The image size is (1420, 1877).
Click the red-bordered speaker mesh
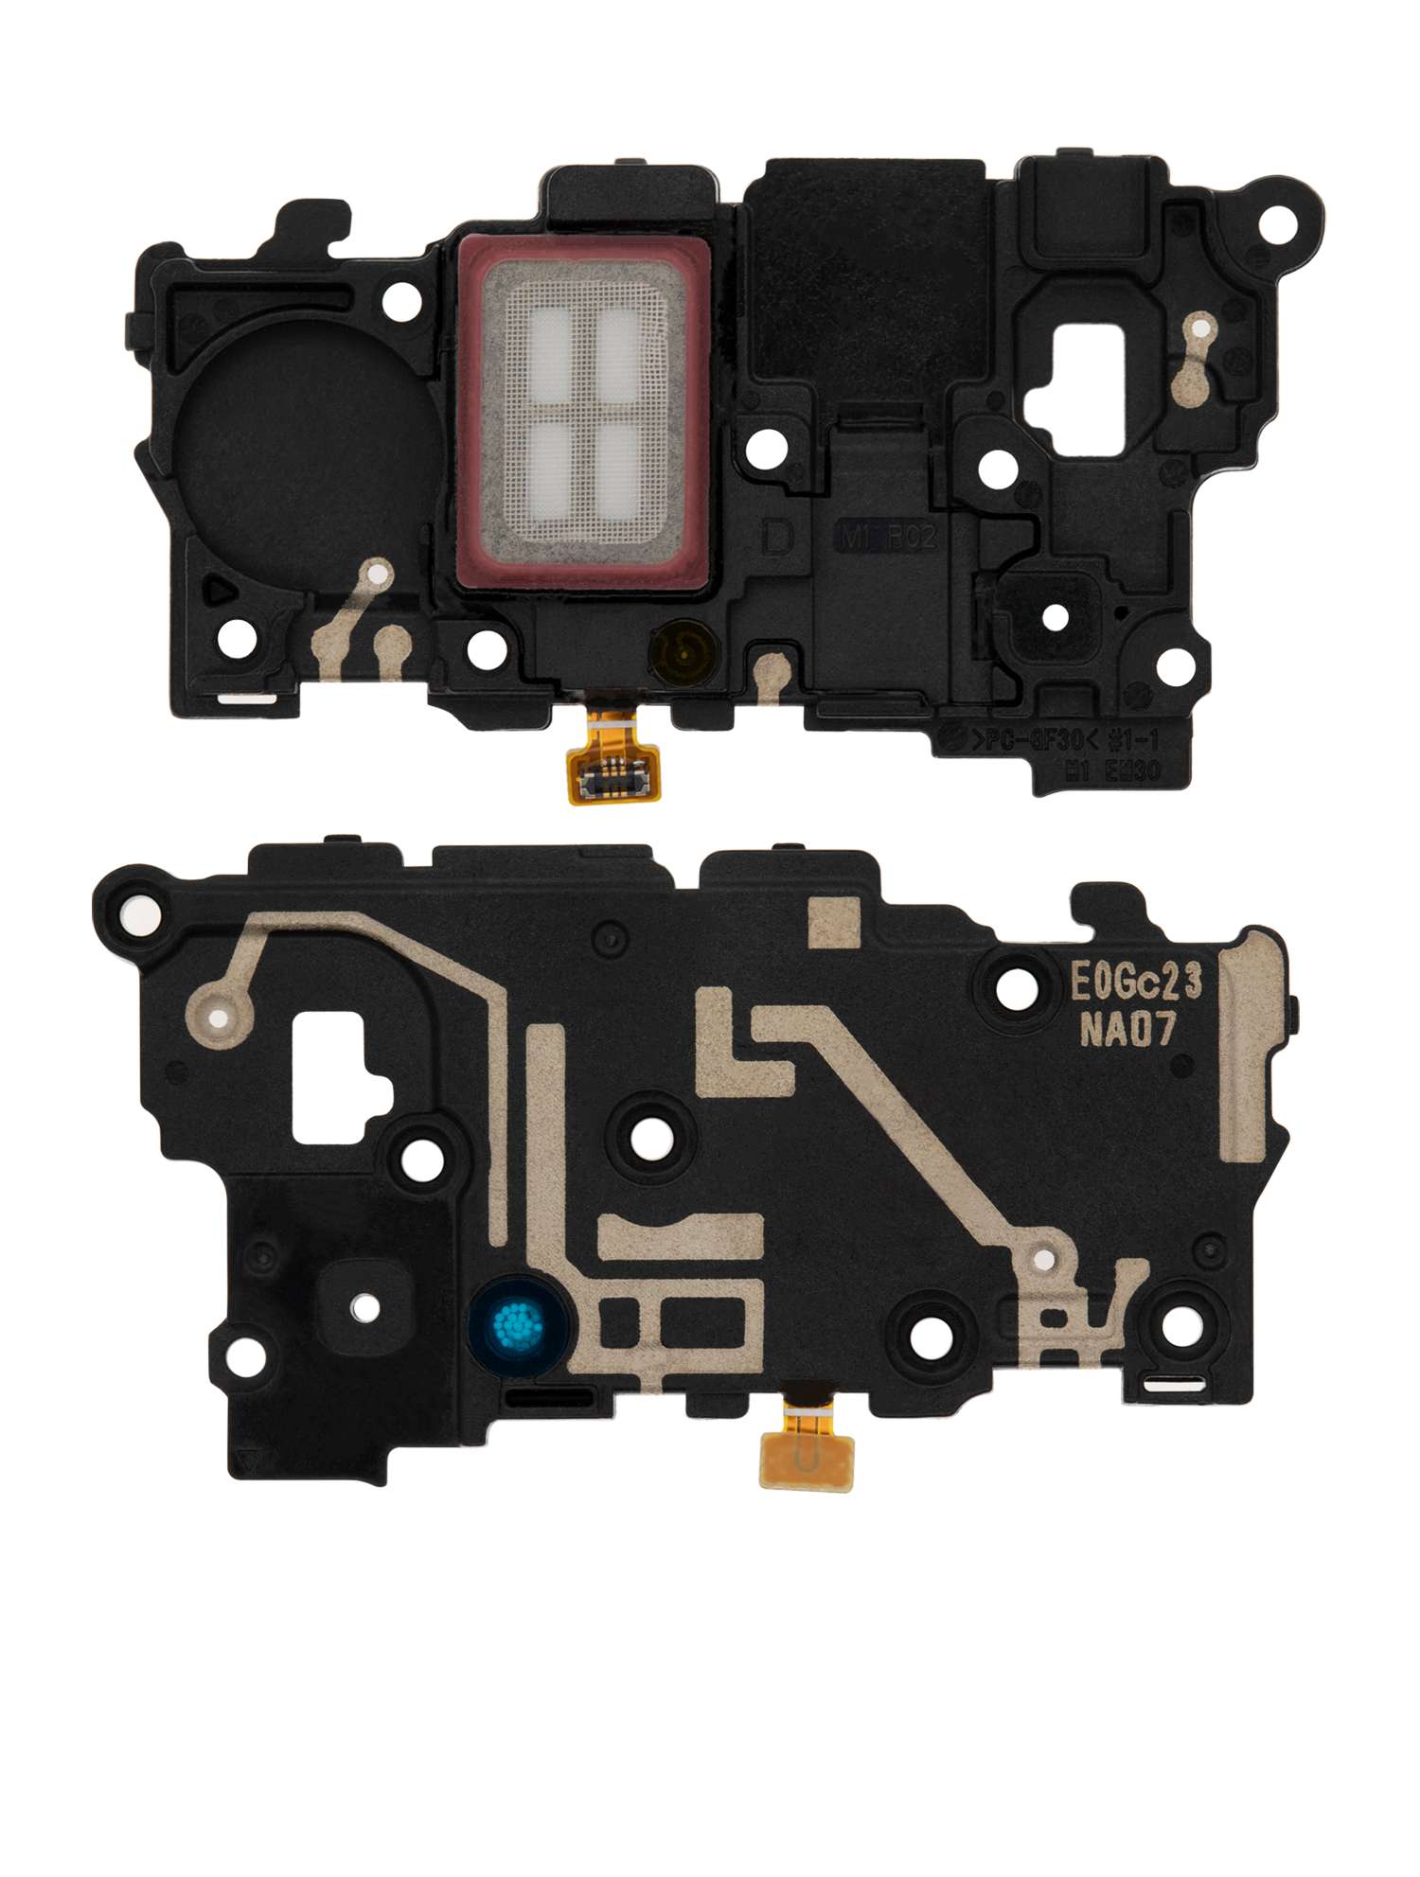(582, 414)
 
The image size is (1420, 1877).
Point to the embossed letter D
(777, 539)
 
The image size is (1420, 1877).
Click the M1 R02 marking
(888, 538)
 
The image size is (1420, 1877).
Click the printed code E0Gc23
(1136, 982)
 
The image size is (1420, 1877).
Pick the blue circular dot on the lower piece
(518, 1324)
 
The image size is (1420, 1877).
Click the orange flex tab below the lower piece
(806, 1459)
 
